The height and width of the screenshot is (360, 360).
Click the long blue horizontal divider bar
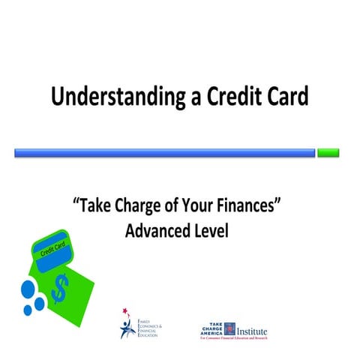[164, 153]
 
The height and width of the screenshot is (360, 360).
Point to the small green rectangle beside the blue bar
[328, 153]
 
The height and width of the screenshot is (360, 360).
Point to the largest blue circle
[31, 289]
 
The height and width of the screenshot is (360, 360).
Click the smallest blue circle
[28, 309]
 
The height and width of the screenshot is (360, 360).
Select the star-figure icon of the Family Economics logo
[127, 323]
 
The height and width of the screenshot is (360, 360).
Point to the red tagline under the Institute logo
[232, 338]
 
